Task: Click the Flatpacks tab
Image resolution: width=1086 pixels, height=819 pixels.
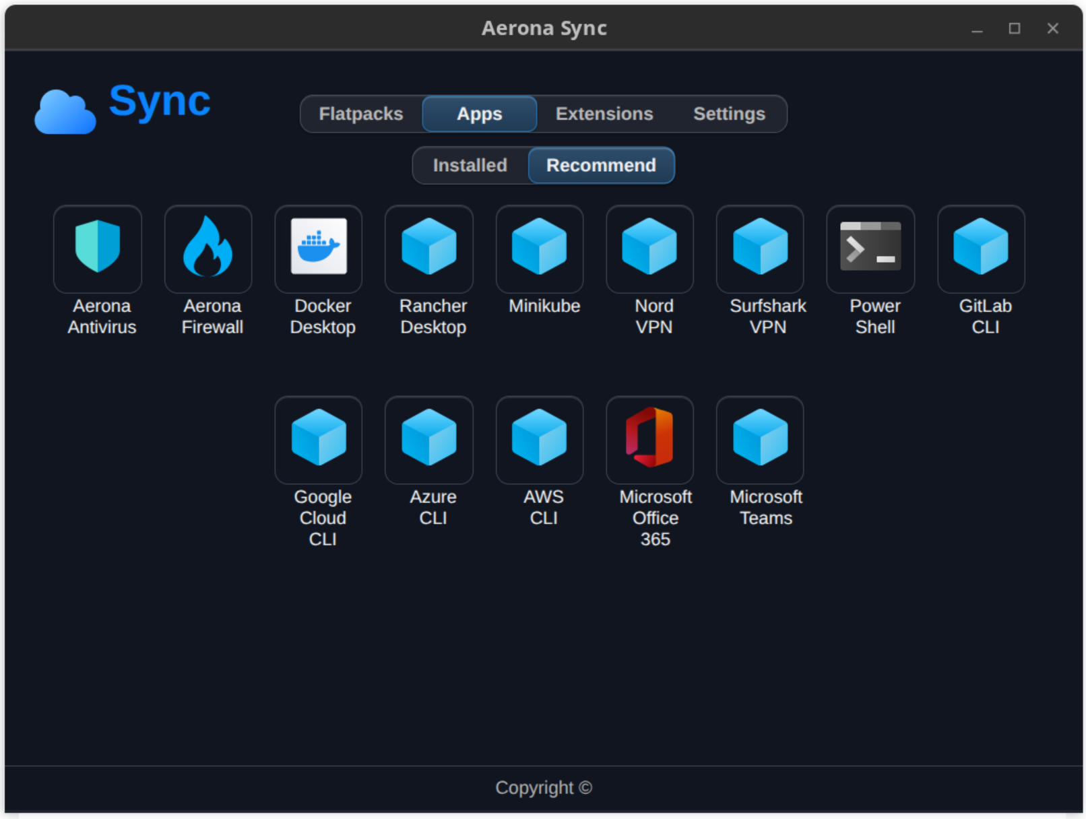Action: point(361,114)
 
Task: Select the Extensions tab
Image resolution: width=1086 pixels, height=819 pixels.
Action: point(604,114)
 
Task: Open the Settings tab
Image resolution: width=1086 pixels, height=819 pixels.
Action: point(730,114)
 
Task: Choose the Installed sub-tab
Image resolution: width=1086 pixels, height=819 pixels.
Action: point(470,165)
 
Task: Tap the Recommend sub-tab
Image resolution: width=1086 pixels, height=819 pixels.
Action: point(601,165)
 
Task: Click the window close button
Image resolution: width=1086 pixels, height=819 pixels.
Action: point(1053,28)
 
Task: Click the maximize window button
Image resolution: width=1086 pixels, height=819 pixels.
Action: point(1015,28)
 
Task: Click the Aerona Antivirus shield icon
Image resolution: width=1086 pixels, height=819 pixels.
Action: point(98,246)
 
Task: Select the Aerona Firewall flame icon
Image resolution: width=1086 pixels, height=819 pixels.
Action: point(207,246)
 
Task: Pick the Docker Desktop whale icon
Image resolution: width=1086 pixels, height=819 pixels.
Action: point(319,246)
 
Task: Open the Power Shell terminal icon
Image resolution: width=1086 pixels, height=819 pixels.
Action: point(870,246)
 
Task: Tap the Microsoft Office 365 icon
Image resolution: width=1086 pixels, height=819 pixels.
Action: point(649,436)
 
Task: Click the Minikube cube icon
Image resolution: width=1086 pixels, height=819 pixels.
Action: point(539,246)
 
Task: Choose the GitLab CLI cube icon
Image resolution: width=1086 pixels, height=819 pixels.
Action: point(981,246)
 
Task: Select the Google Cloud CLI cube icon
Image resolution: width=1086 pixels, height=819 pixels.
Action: point(319,436)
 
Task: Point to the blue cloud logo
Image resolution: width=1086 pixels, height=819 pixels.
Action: point(65,112)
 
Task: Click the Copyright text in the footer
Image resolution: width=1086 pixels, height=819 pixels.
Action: point(544,787)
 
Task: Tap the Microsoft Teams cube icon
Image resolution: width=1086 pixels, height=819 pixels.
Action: point(760,436)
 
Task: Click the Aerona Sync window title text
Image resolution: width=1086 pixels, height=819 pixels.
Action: point(544,28)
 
